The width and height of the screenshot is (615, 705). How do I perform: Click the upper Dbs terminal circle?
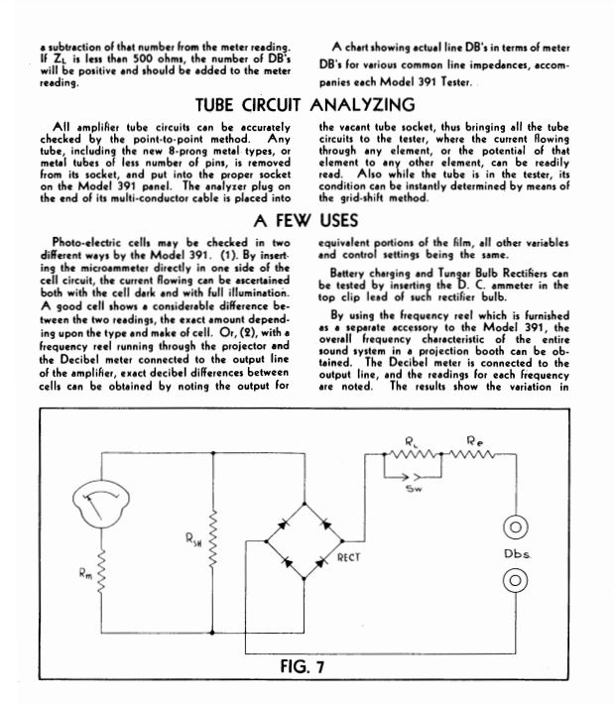[515, 525]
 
